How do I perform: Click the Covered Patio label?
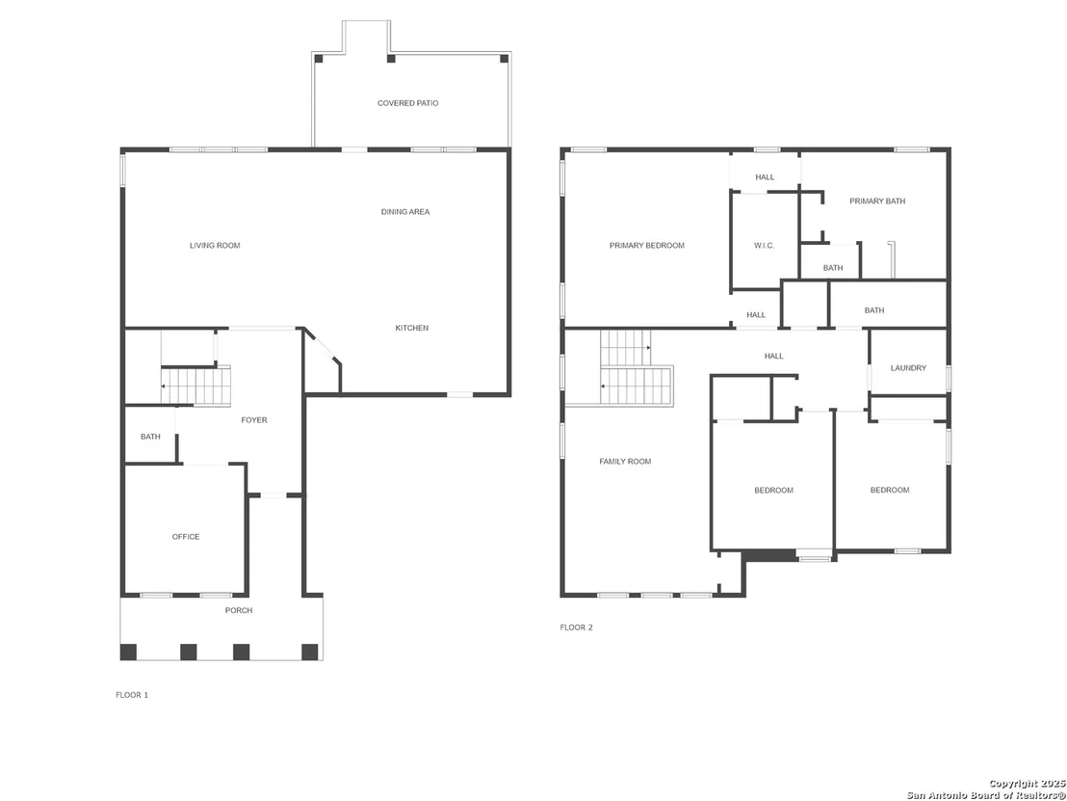tap(407, 103)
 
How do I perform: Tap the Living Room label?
tap(215, 245)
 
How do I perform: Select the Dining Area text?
tap(404, 212)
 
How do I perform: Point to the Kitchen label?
tap(412, 329)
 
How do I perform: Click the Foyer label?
tap(254, 420)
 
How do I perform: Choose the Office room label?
tap(186, 537)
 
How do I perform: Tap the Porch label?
tap(239, 610)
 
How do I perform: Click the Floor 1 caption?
tap(131, 695)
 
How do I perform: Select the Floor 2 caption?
tap(577, 627)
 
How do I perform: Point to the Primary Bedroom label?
tap(646, 245)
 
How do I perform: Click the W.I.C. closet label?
tap(765, 245)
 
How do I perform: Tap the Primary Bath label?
tap(877, 200)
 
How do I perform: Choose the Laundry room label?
tap(908, 368)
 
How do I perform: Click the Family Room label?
tap(625, 462)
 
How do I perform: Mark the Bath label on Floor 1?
tap(150, 437)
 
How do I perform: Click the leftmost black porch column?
tap(128, 652)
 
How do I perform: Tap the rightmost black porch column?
tap(310, 652)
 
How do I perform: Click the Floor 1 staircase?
tap(196, 386)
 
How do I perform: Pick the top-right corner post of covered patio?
tap(505, 59)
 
